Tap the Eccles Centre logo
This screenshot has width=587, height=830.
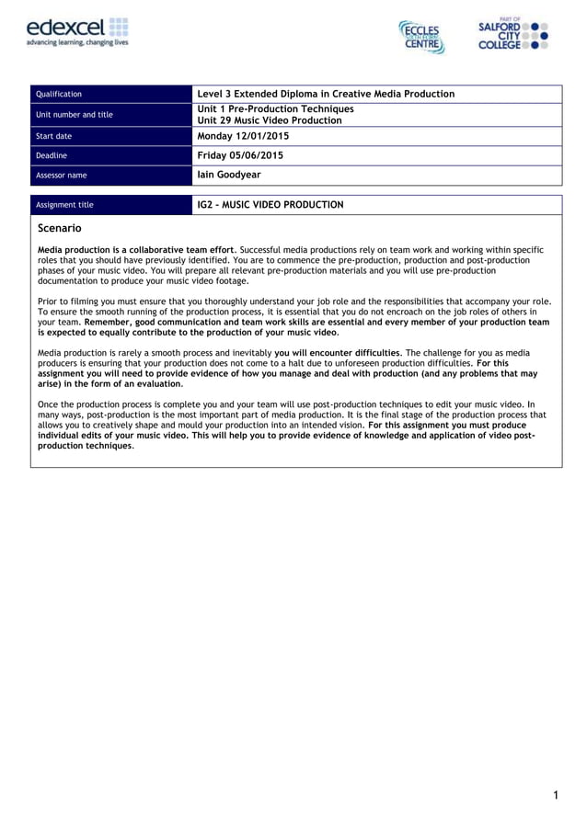point(422,37)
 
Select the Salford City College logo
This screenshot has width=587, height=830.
point(513,35)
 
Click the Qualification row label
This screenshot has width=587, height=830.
point(58,95)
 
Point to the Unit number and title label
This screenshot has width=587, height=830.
point(74,115)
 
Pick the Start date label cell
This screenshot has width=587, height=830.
point(53,136)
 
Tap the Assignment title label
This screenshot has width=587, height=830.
point(63,205)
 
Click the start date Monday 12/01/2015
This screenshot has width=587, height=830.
point(243,136)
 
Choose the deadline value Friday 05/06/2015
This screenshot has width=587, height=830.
point(240,155)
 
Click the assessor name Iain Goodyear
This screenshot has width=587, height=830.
point(229,175)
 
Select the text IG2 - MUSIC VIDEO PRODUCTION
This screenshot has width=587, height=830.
point(270,205)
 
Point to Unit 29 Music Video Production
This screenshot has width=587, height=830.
point(270,120)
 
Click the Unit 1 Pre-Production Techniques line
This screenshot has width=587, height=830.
point(275,108)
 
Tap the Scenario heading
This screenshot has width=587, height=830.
point(60,227)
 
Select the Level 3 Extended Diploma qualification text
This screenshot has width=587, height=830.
point(326,94)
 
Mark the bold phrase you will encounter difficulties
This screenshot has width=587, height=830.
point(337,353)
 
